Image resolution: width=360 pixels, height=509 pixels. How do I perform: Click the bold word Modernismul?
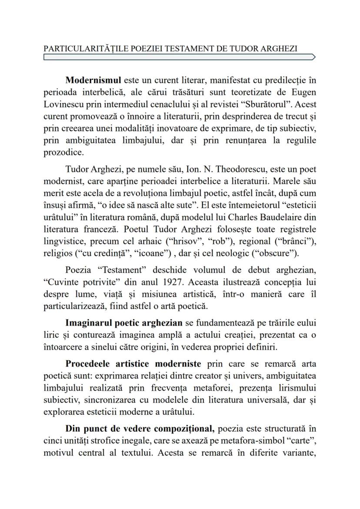coord(93,80)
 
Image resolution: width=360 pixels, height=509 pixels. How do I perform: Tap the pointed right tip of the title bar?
coord(314,57)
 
